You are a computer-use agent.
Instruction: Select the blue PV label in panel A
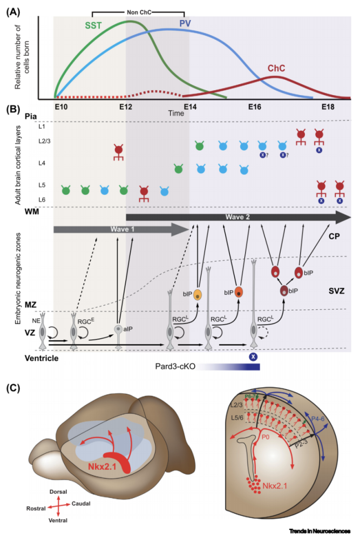pos(186,23)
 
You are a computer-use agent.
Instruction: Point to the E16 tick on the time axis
pos(256,106)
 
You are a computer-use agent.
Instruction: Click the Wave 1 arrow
pos(119,230)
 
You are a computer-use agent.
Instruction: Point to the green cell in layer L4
pos(178,168)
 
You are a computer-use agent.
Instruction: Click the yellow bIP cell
pos(198,294)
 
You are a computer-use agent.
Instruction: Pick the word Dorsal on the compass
pos(53,493)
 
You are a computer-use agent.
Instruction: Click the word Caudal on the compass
pos(80,503)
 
